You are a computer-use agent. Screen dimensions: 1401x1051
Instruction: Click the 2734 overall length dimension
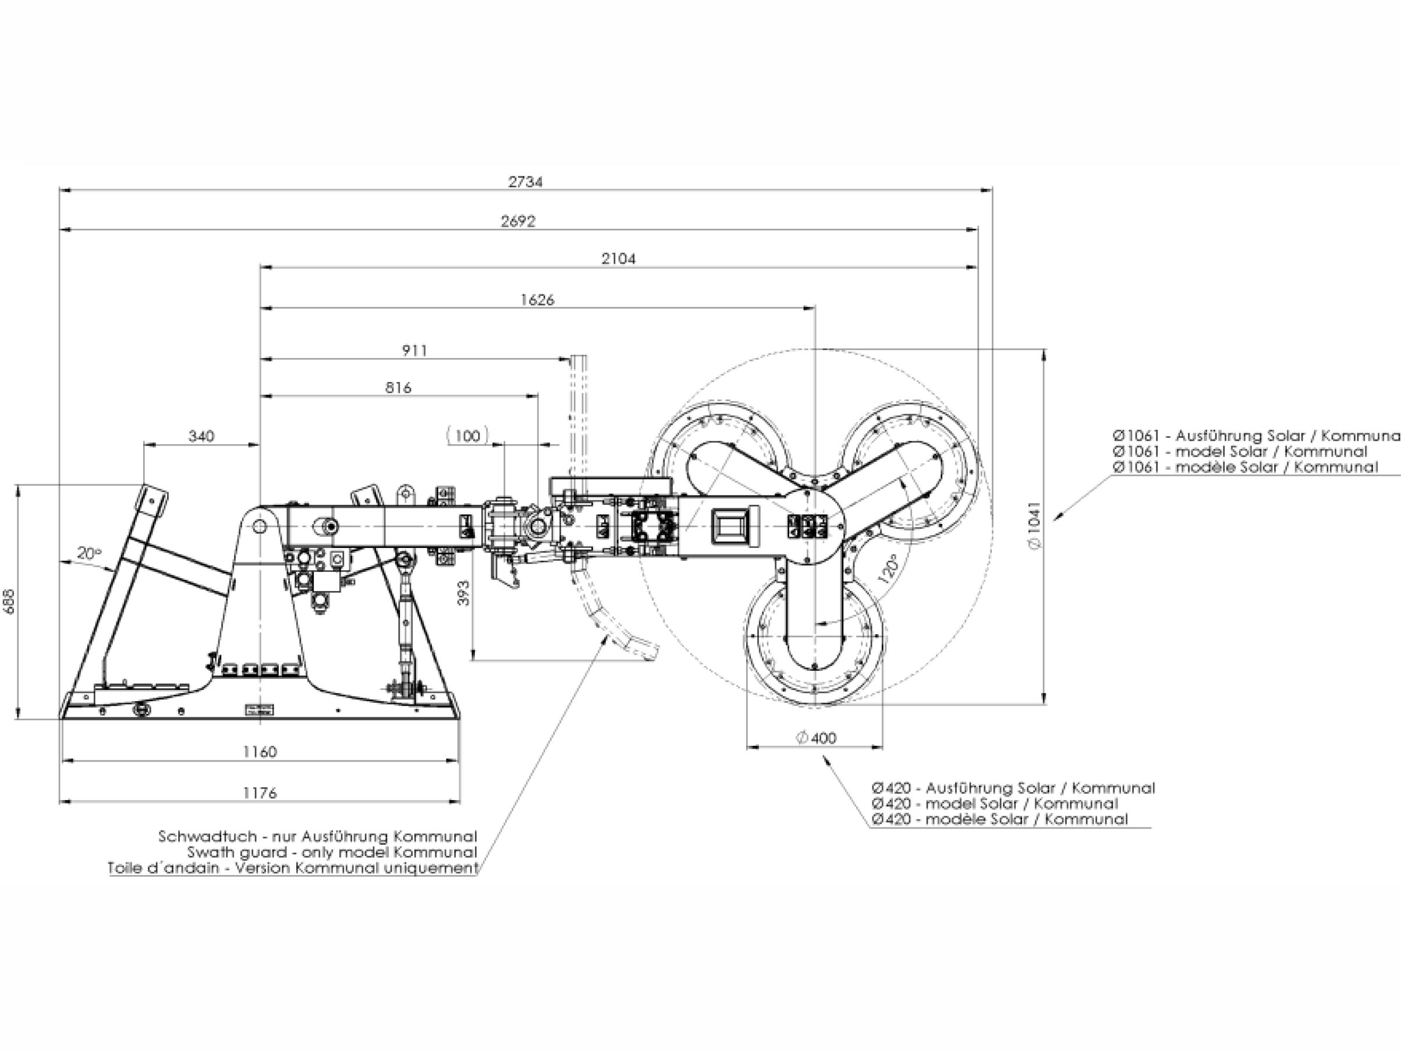coord(526,182)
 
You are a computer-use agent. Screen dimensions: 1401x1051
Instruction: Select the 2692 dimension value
coord(518,221)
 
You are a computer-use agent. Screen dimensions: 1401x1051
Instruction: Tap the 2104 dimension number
coord(618,259)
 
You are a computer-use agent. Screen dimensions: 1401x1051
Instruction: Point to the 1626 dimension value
coord(537,300)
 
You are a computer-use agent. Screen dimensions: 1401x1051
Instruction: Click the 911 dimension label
coord(415,351)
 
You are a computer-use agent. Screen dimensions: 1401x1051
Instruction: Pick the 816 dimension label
coord(398,387)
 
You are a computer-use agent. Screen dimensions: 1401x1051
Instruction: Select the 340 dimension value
coord(201,436)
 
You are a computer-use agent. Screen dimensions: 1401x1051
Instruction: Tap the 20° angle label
coord(89,553)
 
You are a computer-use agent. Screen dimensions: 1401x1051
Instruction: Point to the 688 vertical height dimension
coord(9,601)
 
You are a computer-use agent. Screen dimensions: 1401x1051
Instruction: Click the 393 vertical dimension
coord(464,593)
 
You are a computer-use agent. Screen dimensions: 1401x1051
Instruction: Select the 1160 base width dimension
coord(260,751)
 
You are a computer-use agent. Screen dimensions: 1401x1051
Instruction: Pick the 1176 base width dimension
coord(260,792)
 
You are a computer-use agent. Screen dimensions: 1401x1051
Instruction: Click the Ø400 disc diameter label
coord(816,738)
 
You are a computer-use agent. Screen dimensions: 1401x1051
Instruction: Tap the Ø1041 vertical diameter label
coord(1034,526)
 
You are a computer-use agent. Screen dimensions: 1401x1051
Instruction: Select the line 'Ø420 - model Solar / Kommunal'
coord(994,804)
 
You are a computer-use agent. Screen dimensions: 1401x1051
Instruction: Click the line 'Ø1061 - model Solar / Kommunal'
coord(1240,451)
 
